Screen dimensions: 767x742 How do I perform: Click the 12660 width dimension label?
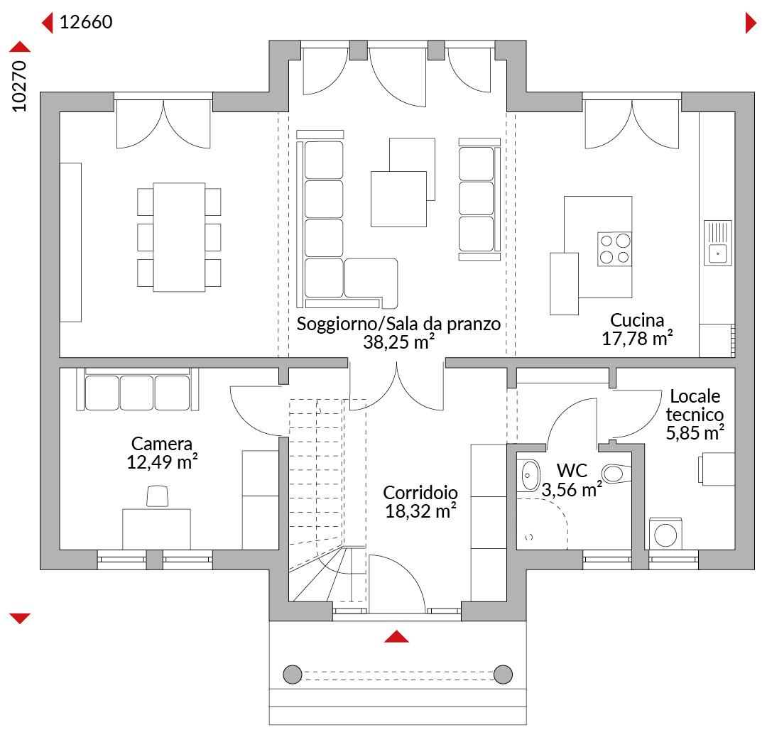pyautogui.click(x=86, y=22)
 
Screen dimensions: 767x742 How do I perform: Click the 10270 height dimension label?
pyautogui.click(x=19, y=87)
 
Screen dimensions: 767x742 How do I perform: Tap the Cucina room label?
pyautogui.click(x=637, y=320)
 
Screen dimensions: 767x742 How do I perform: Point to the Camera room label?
pyautogui.click(x=162, y=444)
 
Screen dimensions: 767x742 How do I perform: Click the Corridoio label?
pyautogui.click(x=420, y=492)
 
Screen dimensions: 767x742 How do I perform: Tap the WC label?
pyautogui.click(x=572, y=471)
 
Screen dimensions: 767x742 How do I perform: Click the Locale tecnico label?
pyautogui.click(x=695, y=405)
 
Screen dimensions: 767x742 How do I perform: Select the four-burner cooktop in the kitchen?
pyautogui.click(x=615, y=249)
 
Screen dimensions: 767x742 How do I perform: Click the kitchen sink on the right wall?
pyautogui.click(x=717, y=243)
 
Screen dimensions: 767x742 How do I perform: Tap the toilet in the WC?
pyautogui.click(x=616, y=474)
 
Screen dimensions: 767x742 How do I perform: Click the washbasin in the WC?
pyautogui.click(x=529, y=475)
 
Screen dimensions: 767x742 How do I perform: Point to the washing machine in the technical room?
pyautogui.click(x=665, y=534)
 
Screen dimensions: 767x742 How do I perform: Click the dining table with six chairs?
pyautogui.click(x=179, y=237)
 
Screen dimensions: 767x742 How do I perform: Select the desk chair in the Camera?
pyautogui.click(x=158, y=496)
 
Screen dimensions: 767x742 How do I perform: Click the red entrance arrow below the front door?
pyautogui.click(x=397, y=636)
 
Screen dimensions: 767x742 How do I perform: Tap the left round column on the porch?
pyautogui.click(x=293, y=675)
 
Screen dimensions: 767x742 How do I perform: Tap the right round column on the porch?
pyautogui.click(x=503, y=675)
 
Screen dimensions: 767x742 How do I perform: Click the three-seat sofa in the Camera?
pyautogui.click(x=138, y=389)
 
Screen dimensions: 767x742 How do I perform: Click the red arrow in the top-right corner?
pyautogui.click(x=751, y=23)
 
